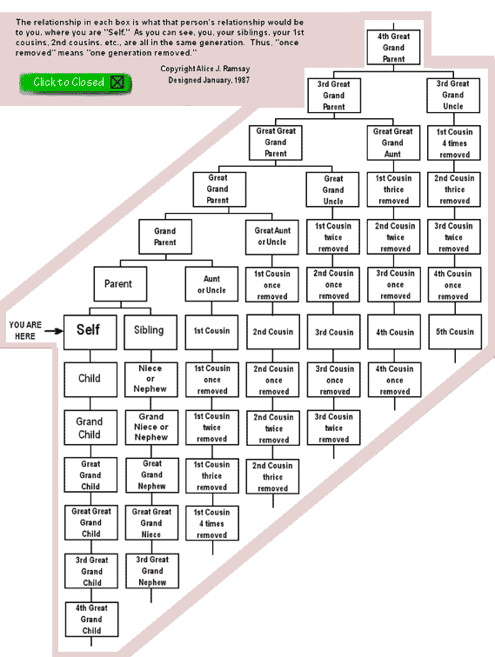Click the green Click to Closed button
click(76, 83)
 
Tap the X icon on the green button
click(117, 82)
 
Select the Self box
click(90, 332)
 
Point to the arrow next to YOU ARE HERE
click(54, 331)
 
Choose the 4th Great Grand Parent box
click(393, 47)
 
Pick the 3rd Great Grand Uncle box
click(453, 95)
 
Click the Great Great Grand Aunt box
click(393, 143)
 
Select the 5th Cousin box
click(455, 332)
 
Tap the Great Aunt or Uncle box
click(271, 237)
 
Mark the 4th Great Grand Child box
click(91, 620)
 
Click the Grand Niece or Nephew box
click(151, 427)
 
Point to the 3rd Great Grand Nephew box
click(152, 571)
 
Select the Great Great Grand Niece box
click(151, 523)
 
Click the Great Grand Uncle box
click(332, 189)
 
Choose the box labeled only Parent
click(120, 283)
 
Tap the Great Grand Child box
click(90, 475)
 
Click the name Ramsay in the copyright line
click(237, 69)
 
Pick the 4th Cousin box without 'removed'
click(394, 332)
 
